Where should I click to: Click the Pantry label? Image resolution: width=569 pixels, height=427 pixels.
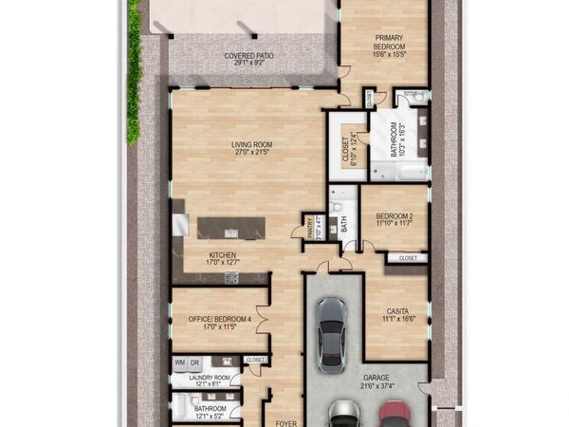309,229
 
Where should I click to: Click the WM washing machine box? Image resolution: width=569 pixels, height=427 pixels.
179,362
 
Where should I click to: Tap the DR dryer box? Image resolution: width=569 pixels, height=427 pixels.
193,362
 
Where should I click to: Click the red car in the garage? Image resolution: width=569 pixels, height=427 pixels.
391,416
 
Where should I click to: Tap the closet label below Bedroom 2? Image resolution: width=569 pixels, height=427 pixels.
408,257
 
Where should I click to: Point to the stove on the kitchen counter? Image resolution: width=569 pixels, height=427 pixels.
229,276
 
